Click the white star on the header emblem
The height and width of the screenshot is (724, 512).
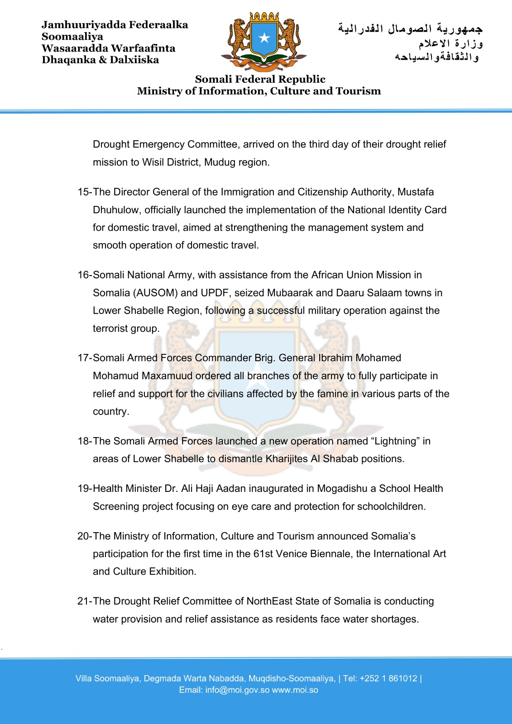click(264, 38)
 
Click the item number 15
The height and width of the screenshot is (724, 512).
click(84, 192)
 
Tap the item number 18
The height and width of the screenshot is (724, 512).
click(84, 441)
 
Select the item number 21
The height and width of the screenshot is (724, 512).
click(84, 601)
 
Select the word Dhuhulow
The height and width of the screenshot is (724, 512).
click(115, 210)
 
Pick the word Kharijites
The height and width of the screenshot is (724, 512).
click(287, 459)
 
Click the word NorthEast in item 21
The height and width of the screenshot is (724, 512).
click(269, 601)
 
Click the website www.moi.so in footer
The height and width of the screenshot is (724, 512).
click(295, 690)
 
